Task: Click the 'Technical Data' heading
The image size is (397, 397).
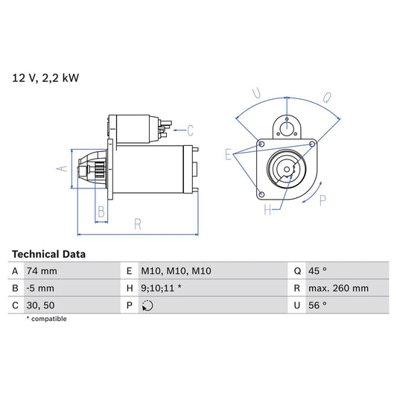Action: (48, 254)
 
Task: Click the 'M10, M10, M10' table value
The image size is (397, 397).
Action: (177, 271)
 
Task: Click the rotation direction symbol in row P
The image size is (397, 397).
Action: (147, 305)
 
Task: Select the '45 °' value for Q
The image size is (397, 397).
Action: (320, 271)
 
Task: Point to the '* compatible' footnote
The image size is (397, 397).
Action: (57, 319)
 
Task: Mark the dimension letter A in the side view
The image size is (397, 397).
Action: (62, 169)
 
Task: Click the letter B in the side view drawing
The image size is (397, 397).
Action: (101, 212)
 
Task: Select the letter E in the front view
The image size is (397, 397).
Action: (228, 154)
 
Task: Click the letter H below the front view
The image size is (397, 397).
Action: (267, 211)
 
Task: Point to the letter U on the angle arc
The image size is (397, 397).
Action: (255, 94)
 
